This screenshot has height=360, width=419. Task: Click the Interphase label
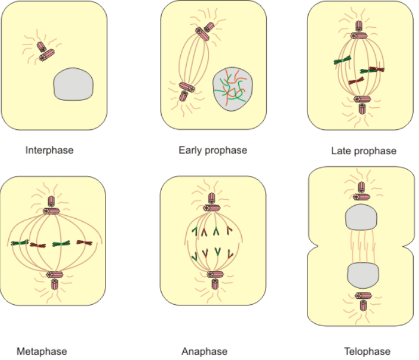point(49,150)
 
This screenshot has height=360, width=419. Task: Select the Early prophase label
point(213,150)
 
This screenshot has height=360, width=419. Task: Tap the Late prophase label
point(363,151)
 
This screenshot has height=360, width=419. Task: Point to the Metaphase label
point(42,351)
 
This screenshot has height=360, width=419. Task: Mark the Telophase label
point(367,351)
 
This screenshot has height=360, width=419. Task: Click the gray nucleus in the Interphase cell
point(74,85)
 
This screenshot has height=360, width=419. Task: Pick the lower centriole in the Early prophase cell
point(187,90)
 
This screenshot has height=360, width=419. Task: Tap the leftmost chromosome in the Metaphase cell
point(20,243)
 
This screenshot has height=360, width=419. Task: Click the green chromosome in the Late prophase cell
point(342,59)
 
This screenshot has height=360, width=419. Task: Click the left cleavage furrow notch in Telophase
point(313,246)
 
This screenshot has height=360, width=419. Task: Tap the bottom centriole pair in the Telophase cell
point(362,300)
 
